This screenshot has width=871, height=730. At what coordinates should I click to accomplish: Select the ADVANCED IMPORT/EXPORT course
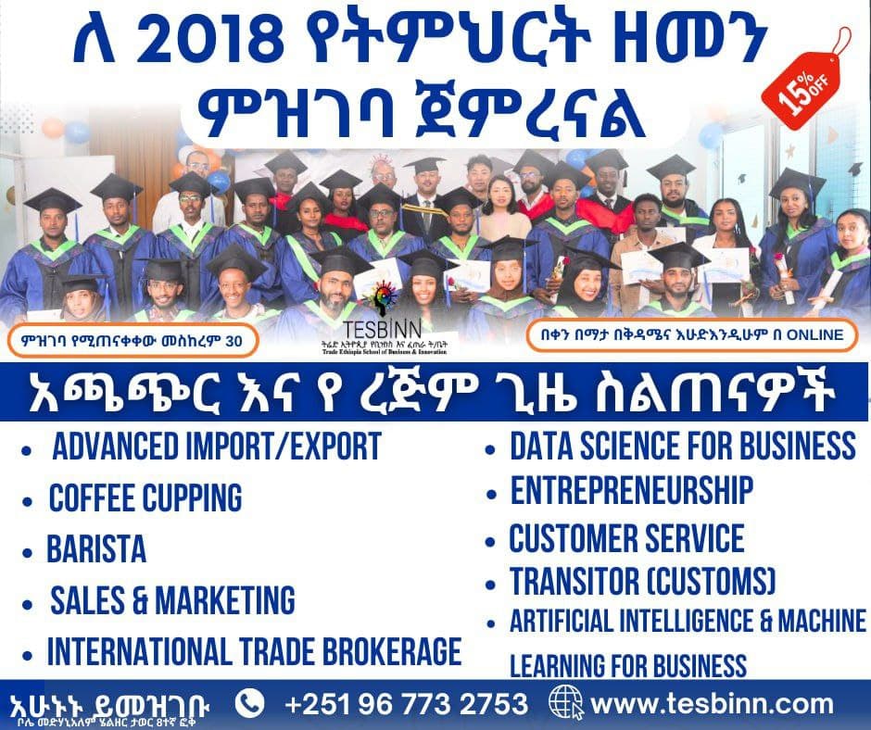(216, 447)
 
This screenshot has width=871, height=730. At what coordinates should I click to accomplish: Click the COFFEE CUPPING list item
(145, 498)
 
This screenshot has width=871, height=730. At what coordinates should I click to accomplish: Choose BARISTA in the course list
(96, 549)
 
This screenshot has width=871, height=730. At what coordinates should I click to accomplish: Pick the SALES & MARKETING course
(172, 600)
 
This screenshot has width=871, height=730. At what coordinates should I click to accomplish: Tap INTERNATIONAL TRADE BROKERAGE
(254, 650)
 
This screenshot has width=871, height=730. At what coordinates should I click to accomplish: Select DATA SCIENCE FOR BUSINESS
(683, 446)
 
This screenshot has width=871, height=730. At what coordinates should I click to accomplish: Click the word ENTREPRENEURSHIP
(631, 490)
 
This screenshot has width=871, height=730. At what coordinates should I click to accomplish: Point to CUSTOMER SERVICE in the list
(626, 539)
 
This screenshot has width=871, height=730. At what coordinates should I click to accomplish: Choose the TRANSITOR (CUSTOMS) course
(643, 583)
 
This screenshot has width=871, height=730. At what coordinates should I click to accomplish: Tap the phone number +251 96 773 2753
(407, 703)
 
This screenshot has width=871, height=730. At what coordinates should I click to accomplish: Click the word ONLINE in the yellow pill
(812, 335)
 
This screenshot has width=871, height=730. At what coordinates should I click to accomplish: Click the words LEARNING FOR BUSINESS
(628, 665)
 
